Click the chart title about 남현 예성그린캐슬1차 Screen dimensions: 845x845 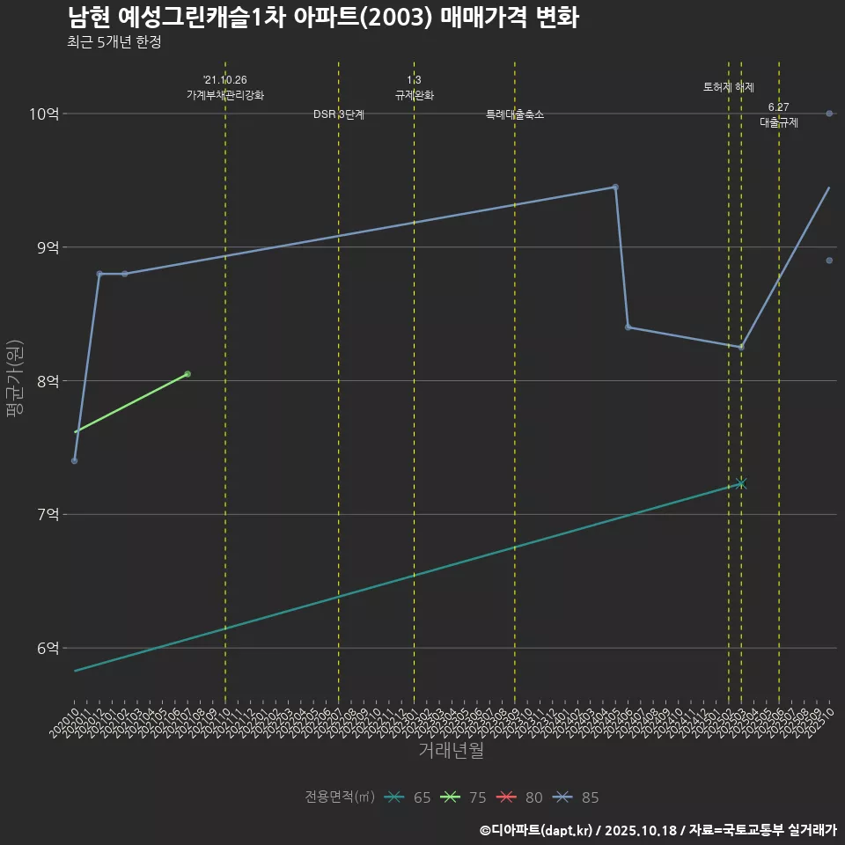click(x=322, y=18)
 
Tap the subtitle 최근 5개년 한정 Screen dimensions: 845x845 click(x=114, y=41)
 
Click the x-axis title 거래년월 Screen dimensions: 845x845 click(x=451, y=751)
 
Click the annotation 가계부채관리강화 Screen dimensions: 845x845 click(x=225, y=94)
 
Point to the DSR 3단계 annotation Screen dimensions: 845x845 click(x=339, y=114)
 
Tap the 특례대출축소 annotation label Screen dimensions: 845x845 click(x=515, y=114)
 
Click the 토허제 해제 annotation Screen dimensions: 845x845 click(x=729, y=87)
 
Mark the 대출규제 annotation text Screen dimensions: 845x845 click(x=779, y=123)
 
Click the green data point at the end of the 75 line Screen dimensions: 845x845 click(x=187, y=374)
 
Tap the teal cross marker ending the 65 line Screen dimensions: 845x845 click(x=741, y=483)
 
